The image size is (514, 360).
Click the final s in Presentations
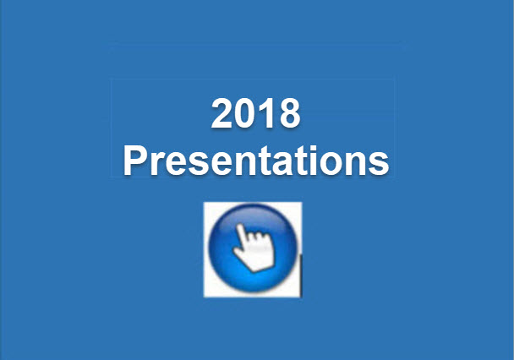coord(379,162)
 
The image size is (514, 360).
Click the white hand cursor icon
coord(254,248)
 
